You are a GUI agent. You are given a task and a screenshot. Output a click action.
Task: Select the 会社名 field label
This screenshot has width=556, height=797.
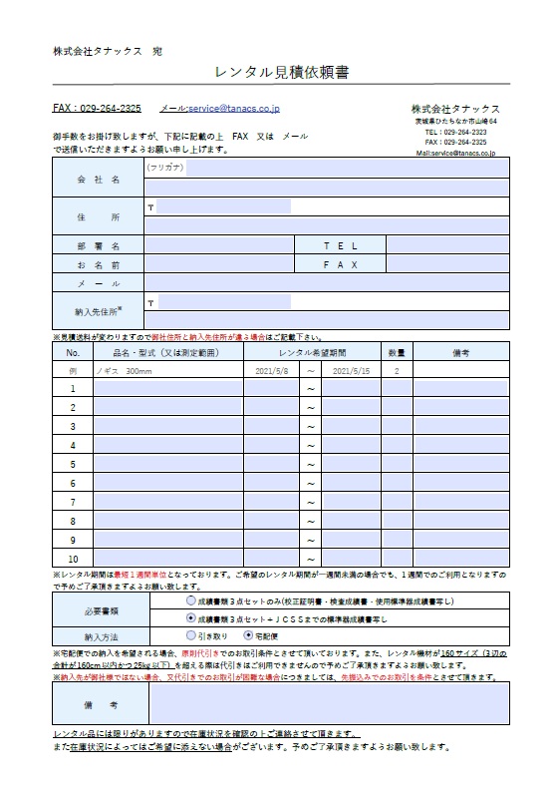coord(98,180)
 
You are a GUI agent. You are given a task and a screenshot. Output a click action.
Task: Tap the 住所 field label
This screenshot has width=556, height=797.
coord(98,216)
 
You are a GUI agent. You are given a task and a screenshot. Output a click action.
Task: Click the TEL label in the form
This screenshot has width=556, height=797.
coord(340,244)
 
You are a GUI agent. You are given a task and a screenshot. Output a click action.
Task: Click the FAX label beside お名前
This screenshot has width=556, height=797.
coord(340,264)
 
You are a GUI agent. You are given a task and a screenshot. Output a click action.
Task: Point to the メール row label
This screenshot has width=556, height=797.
coord(98,283)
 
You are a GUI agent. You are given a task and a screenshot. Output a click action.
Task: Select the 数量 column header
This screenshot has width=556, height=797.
coord(396,352)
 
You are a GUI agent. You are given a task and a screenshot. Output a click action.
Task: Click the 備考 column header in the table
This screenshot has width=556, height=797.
coord(460,352)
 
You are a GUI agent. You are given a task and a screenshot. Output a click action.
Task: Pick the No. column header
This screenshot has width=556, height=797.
coord(73,352)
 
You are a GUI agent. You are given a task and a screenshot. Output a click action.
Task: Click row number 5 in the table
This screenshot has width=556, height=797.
coord(73,464)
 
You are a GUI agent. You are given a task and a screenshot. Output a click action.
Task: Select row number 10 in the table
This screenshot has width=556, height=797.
coord(73,559)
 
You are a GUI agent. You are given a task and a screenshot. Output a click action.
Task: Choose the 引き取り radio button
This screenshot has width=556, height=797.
coord(191,634)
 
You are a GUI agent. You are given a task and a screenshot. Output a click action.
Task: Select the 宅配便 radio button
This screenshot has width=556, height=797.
coord(248,634)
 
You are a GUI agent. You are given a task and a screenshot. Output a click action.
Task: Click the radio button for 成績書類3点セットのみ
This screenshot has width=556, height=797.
coord(191,602)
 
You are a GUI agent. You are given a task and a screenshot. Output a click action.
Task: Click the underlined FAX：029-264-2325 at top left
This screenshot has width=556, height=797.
coord(97,107)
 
